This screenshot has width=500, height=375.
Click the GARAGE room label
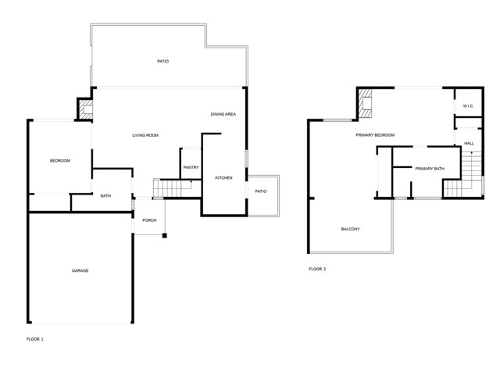[80, 271]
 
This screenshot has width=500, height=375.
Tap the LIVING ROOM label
[145, 135]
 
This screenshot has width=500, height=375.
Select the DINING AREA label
[223, 114]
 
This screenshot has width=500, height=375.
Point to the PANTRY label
[191, 167]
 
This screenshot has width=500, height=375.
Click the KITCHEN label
[224, 178]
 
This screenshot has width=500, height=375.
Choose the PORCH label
[149, 220]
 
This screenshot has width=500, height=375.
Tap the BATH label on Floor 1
[106, 196]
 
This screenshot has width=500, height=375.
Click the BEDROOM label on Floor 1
[60, 161]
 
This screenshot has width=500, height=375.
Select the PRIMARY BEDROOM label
[375, 135]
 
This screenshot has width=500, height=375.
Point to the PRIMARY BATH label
[430, 169]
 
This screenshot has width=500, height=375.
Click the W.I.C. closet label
[469, 106]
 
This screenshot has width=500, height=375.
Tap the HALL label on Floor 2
[469, 144]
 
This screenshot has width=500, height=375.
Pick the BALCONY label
[351, 229]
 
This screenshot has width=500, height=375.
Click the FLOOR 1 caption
[35, 339]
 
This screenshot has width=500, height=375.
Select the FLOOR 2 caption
[318, 269]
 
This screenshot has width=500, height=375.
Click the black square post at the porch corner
[165, 236]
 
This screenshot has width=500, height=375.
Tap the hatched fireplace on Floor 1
[86, 109]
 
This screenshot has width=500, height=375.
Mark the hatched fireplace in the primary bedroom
[365, 103]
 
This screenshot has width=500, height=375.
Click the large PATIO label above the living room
[163, 61]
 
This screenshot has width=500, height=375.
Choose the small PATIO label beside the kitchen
[261, 191]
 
